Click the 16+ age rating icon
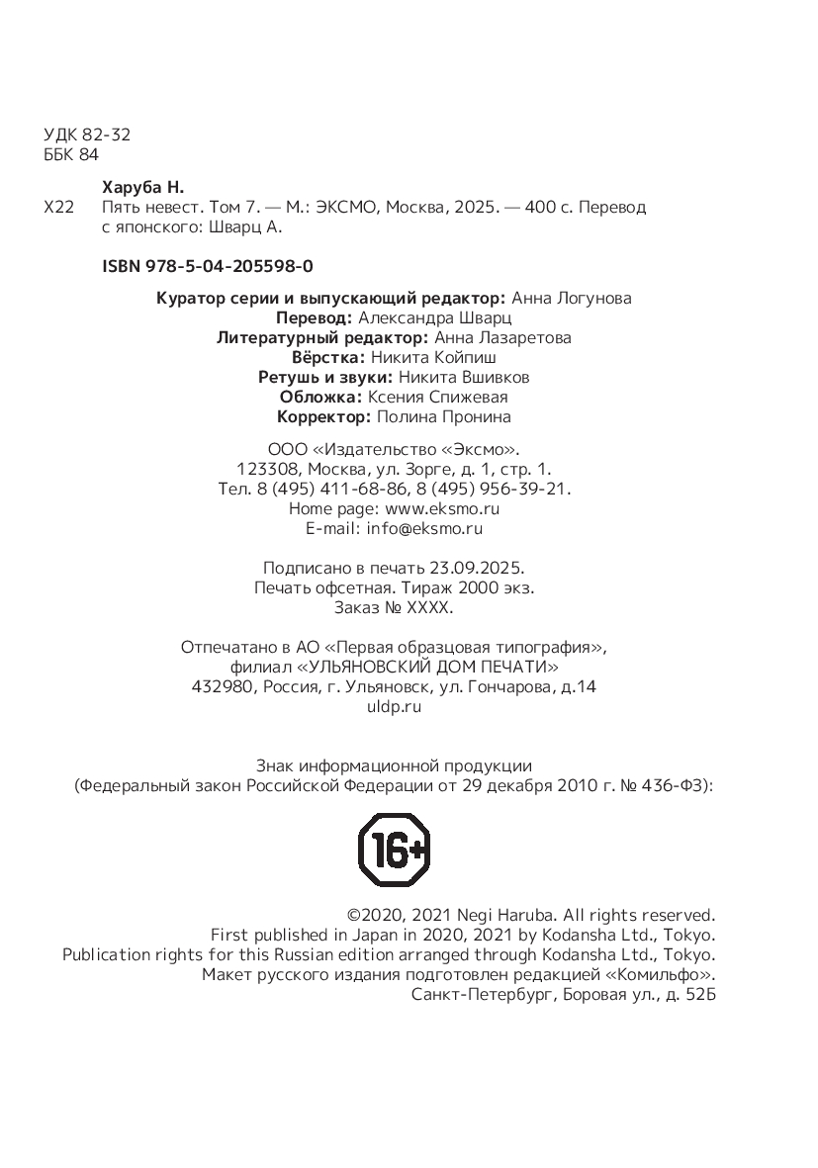[x=394, y=850]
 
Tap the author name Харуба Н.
[x=144, y=188]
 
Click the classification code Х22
[x=59, y=208]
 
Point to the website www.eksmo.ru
[x=442, y=508]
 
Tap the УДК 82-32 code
[x=88, y=135]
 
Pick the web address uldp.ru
[x=394, y=706]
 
